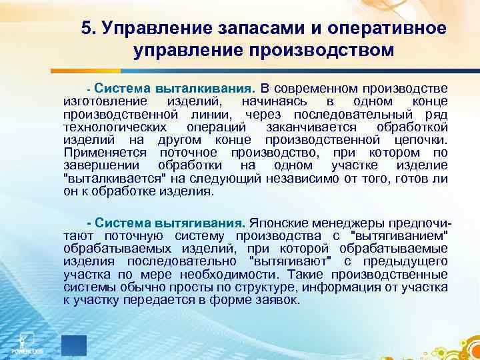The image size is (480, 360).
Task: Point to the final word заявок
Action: click(281, 299)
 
